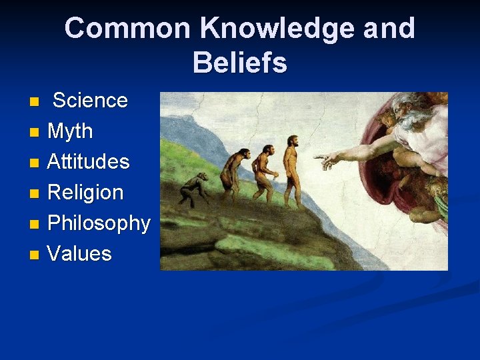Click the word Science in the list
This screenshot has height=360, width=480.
(90, 101)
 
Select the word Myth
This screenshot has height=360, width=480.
(70, 131)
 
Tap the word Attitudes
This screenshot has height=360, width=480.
(88, 162)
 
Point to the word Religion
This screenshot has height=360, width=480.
(85, 193)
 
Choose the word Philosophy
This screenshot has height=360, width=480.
(99, 223)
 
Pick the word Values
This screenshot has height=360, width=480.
(79, 254)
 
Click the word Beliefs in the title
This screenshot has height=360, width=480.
(240, 63)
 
